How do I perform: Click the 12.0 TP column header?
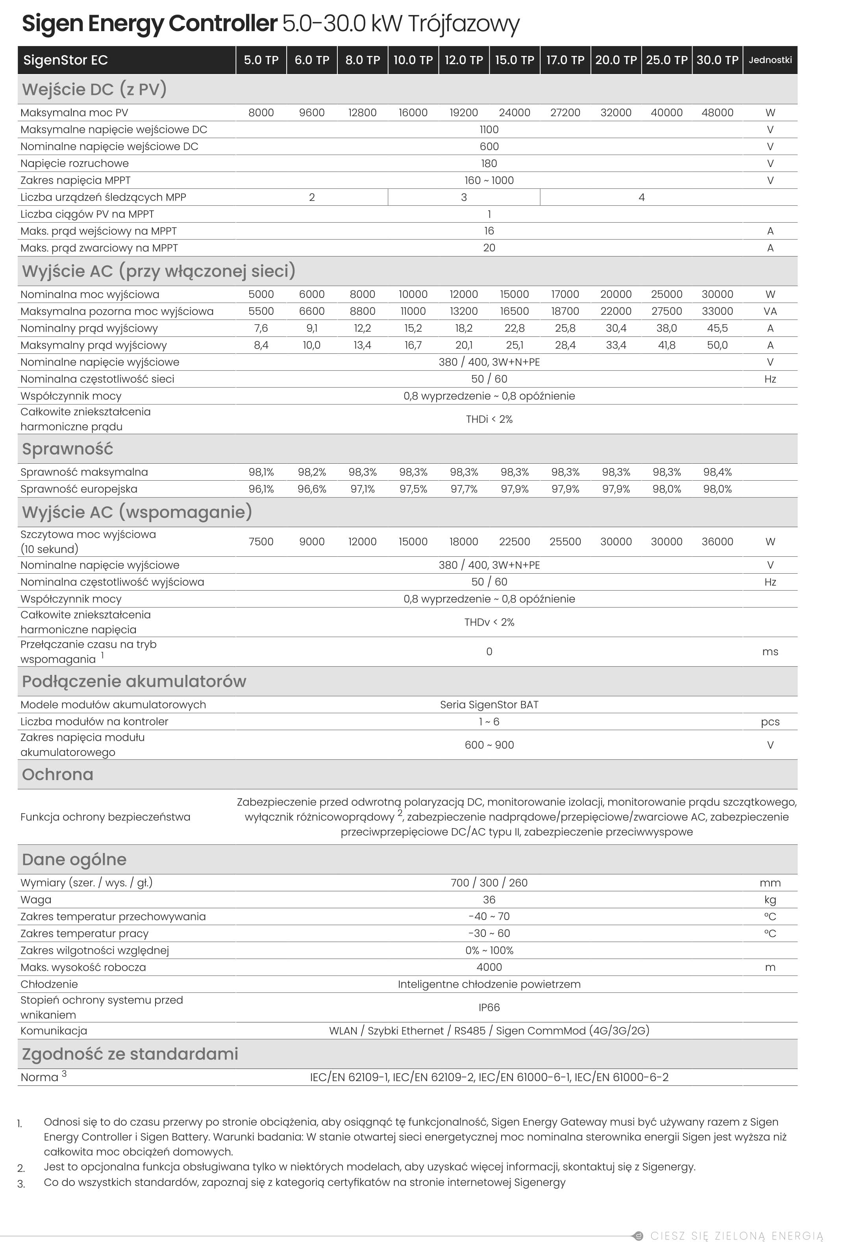[x=463, y=60]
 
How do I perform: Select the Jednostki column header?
[x=770, y=60]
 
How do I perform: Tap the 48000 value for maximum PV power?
[x=717, y=113]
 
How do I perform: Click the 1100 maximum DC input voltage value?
[x=489, y=130]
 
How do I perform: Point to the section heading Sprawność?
[x=67, y=449]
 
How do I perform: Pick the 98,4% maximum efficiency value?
[x=717, y=472]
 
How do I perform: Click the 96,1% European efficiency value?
[x=261, y=489]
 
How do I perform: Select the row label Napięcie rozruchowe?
[x=74, y=164]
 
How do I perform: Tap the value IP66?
[x=489, y=1008]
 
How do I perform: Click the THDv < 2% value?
[x=489, y=622]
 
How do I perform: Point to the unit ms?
[x=770, y=652]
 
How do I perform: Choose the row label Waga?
[x=36, y=900]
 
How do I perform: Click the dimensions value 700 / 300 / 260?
[x=489, y=883]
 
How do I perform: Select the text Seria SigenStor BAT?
[x=489, y=704]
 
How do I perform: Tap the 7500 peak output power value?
[x=261, y=542]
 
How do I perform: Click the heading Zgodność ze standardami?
[x=130, y=1054]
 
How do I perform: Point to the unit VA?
[x=770, y=311]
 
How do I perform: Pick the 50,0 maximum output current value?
[x=717, y=345]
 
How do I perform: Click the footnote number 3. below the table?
[x=21, y=1184]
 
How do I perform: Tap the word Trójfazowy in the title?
[x=463, y=24]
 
